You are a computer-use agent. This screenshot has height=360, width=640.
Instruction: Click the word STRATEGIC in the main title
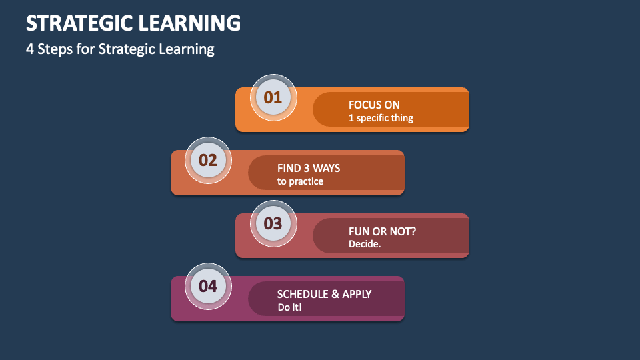click(x=79, y=23)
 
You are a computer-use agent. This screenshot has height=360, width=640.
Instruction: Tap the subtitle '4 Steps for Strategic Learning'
click(x=120, y=49)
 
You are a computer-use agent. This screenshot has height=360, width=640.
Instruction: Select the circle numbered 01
click(x=273, y=97)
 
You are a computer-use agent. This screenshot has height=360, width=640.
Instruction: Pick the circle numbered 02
click(x=208, y=160)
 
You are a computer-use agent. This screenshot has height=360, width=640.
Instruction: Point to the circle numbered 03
click(x=273, y=223)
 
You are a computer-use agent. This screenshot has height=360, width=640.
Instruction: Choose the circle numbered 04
click(x=208, y=286)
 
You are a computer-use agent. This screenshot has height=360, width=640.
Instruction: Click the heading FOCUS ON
click(x=374, y=105)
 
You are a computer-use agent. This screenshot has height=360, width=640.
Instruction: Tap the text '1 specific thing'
click(x=381, y=118)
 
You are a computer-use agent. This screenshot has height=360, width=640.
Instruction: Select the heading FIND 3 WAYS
click(x=309, y=168)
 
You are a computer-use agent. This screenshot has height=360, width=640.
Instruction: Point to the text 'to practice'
click(x=300, y=181)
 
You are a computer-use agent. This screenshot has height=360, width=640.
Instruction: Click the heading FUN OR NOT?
click(x=382, y=231)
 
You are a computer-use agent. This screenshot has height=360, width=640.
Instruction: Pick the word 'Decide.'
click(x=365, y=244)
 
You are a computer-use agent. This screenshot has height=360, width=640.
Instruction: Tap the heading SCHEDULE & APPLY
click(x=324, y=294)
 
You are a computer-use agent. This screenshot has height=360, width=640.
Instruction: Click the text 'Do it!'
click(x=290, y=307)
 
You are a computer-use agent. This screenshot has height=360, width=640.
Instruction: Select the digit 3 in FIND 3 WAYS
click(x=306, y=168)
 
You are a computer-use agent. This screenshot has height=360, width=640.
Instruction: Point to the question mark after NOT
click(x=413, y=231)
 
